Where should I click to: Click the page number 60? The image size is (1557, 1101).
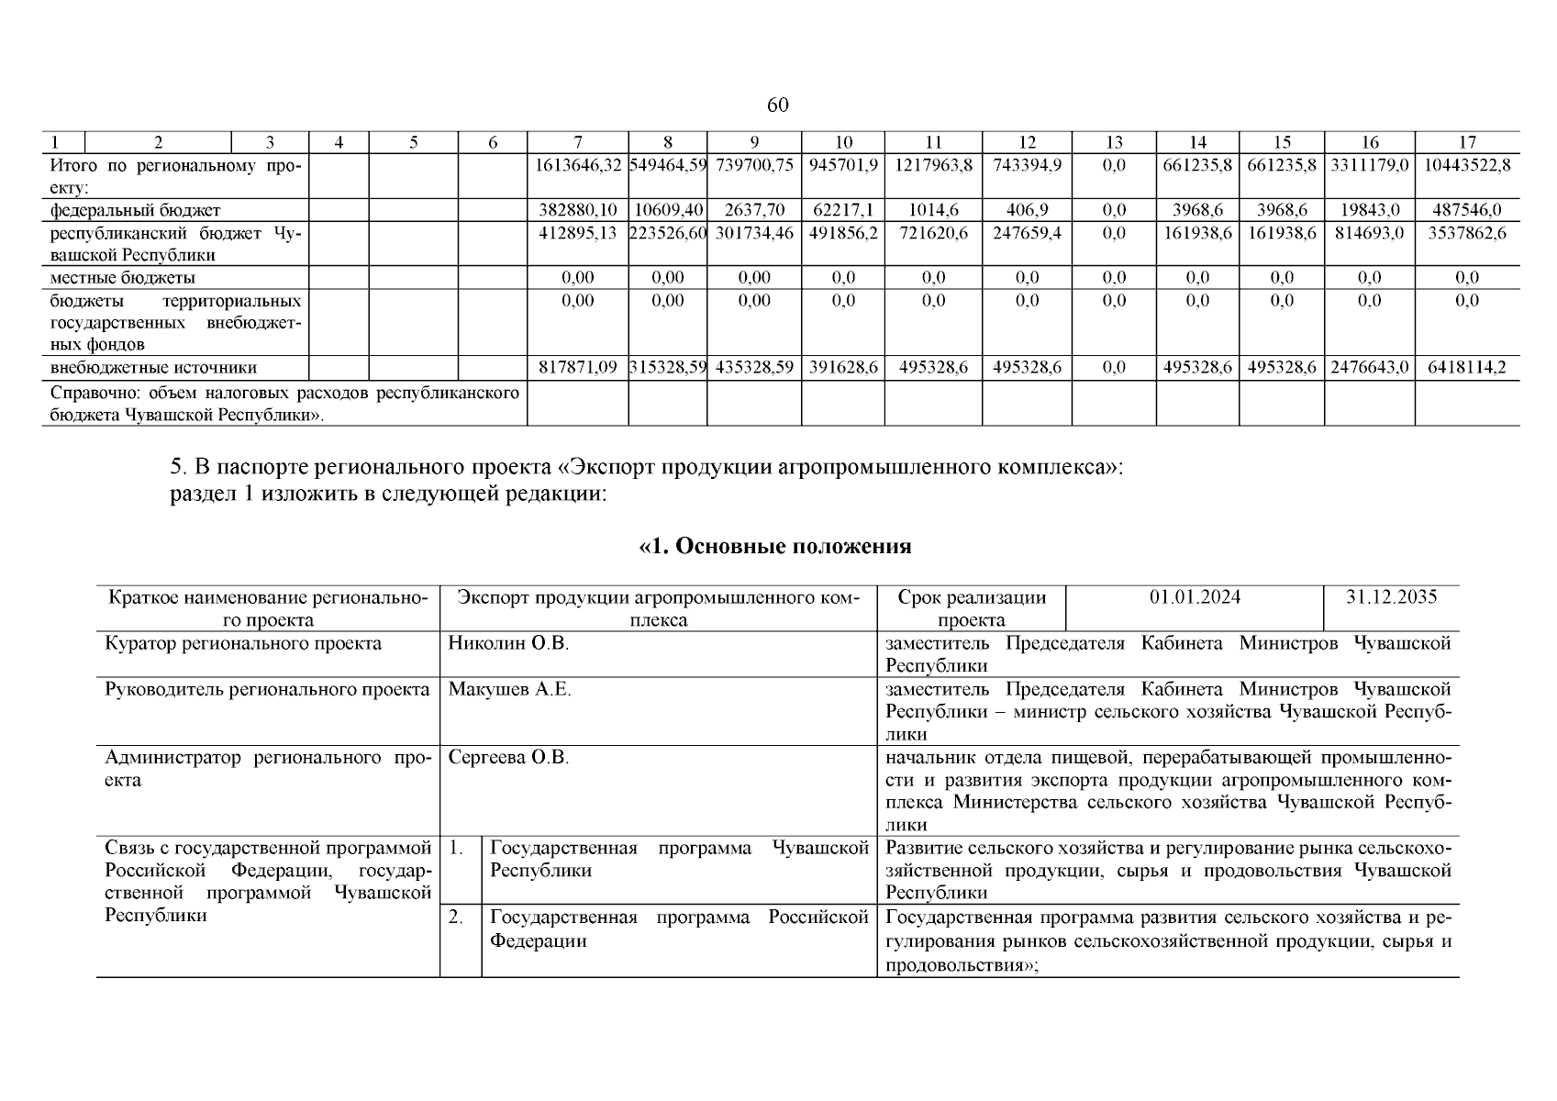pos(777,106)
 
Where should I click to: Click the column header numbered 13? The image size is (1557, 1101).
pos(1113,142)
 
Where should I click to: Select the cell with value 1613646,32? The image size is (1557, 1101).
pos(578,165)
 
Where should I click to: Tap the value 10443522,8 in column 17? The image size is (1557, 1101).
pos(1467,165)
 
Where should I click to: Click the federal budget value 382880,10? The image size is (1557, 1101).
pos(578,210)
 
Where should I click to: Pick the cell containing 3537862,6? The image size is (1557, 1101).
pos(1467,233)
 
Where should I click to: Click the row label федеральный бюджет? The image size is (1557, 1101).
pos(135,210)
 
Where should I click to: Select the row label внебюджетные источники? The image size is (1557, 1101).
pos(153,368)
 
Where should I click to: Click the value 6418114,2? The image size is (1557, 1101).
pos(1467,368)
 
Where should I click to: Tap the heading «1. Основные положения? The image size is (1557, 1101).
pos(775,547)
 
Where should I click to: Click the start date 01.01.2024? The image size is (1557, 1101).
pos(1195,597)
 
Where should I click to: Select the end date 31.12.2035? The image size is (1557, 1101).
pos(1391,597)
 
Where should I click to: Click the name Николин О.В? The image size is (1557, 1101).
pos(508,643)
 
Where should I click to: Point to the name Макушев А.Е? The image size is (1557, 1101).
pos(509,689)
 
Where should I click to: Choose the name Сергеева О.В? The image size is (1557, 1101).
pos(508,758)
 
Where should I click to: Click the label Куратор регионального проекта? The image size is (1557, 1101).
pos(243,643)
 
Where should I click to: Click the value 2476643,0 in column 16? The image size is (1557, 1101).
pos(1369,368)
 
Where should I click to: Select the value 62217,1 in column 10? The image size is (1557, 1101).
pos(842,210)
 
